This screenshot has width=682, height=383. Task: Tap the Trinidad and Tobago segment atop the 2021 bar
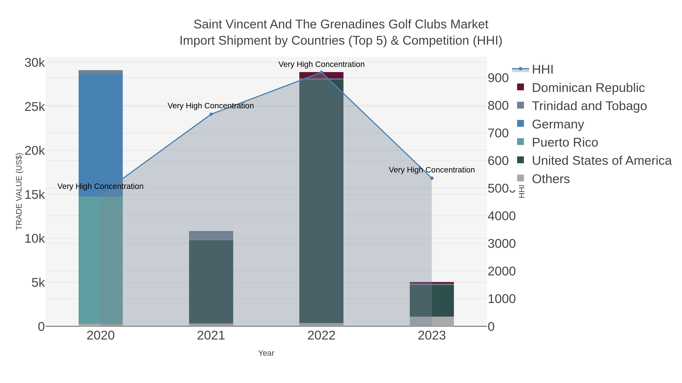coord(211,235)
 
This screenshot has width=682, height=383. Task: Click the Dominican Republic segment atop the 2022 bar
coord(321,75)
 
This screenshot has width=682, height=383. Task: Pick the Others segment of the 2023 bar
coord(432,321)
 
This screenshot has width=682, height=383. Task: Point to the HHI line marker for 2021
coord(211,114)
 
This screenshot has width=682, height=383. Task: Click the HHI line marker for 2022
coord(321,72)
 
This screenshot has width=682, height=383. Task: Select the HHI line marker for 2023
coord(432,178)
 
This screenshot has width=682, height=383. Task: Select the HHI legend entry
coord(542,70)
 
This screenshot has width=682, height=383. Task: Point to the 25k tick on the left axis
coord(35,107)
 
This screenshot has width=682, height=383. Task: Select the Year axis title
coord(266,353)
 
